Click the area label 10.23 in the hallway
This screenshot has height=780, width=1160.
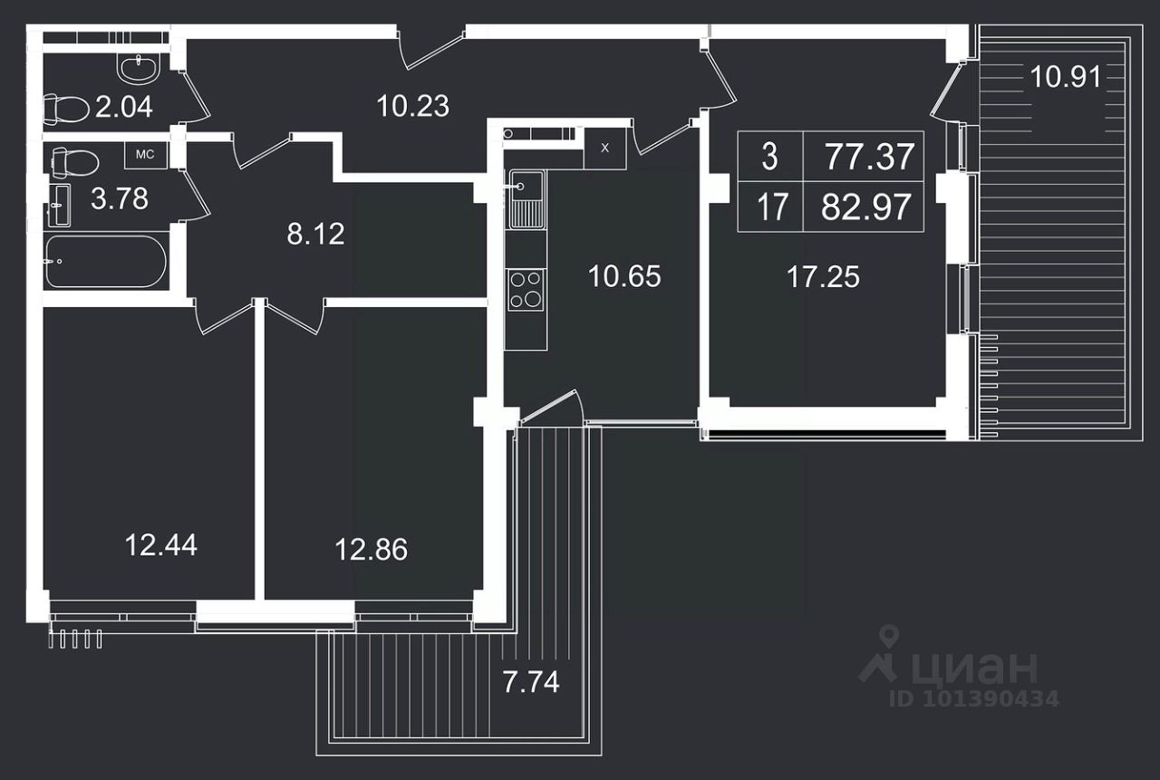click(x=413, y=106)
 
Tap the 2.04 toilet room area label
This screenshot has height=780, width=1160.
click(x=124, y=108)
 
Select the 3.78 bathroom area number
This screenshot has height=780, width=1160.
click(x=120, y=198)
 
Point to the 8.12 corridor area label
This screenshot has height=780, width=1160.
click(x=315, y=235)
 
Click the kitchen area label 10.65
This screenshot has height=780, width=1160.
click(x=624, y=276)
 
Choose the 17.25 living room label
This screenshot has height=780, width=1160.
click(x=823, y=276)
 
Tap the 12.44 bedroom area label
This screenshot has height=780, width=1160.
click(x=161, y=544)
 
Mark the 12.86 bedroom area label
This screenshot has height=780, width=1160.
click(x=372, y=549)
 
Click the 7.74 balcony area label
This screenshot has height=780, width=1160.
click(x=531, y=680)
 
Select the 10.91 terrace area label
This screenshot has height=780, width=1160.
click(x=1066, y=78)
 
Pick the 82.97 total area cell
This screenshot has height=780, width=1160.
click(x=865, y=208)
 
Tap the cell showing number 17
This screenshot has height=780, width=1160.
click(x=771, y=208)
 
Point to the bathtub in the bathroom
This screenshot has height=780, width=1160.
click(x=105, y=262)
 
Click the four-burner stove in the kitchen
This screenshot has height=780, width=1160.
click(x=526, y=290)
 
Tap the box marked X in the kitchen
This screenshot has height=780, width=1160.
click(x=605, y=148)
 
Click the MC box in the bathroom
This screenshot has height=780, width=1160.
click(x=145, y=155)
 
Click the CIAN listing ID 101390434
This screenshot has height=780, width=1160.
click(x=973, y=698)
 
